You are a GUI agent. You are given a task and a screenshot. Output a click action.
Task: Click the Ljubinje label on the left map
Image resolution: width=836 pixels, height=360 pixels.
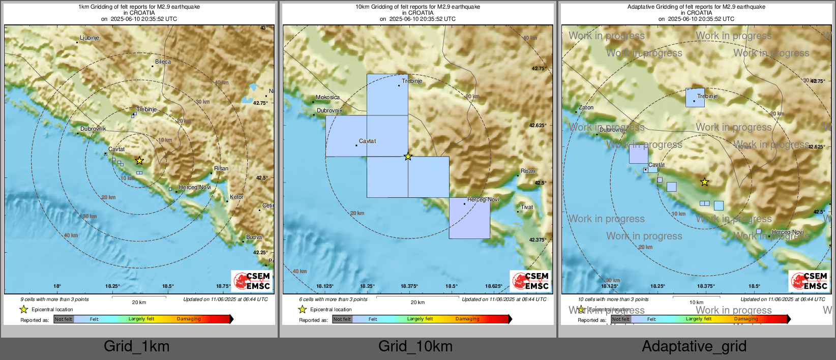(89, 38)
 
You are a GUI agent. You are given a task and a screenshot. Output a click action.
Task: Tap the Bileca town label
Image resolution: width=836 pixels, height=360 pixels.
(163, 62)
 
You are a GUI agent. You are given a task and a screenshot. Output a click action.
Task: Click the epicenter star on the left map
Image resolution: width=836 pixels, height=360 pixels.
(139, 161)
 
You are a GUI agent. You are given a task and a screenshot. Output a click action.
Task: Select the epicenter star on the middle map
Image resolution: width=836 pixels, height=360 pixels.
(408, 157)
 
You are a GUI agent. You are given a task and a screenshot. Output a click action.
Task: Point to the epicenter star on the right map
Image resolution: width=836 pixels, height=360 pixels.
(704, 182)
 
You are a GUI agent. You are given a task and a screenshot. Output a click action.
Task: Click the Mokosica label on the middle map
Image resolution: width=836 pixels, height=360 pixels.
(327, 98)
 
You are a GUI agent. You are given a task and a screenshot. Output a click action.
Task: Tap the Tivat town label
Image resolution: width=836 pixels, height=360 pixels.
(527, 207)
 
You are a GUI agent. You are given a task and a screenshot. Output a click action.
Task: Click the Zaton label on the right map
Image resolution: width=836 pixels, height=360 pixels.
(586, 108)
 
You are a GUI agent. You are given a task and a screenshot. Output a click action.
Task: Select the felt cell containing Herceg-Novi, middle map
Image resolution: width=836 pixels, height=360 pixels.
(469, 218)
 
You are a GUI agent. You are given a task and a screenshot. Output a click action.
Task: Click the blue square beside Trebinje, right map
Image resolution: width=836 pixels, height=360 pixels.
(695, 98)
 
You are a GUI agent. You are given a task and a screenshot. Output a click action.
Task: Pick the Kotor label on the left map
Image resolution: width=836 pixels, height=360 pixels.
(236, 197)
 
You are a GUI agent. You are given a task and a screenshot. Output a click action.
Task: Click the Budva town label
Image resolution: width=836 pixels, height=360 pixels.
(254, 237)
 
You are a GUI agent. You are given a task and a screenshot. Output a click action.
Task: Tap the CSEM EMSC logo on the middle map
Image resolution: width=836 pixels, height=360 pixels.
(530, 281)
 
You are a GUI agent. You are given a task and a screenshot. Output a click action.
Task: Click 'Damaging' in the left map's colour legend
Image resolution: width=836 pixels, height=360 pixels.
(189, 319)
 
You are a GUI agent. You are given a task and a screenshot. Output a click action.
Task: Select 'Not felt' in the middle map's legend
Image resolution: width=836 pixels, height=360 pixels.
(342, 319)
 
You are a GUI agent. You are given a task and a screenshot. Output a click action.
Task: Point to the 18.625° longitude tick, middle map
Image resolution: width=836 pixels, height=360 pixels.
(493, 286)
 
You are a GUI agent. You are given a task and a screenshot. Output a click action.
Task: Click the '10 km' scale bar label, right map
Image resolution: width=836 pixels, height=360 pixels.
(696, 303)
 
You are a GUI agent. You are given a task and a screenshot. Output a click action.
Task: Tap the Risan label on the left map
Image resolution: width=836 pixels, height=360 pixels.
(221, 169)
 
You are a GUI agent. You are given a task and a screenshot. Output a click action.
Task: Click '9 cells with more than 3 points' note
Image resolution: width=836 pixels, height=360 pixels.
(54, 299)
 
